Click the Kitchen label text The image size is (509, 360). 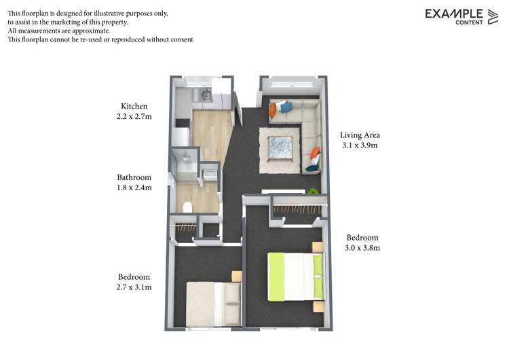click(134, 107)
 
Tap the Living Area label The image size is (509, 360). click(360, 134)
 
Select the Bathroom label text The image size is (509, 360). click(134, 177)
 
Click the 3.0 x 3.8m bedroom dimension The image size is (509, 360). click(362, 248)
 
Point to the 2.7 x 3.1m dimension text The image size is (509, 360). click(134, 287)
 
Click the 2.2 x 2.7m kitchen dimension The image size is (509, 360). click(134, 117)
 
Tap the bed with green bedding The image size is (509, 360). click(296, 275)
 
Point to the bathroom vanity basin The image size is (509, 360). click(211, 173)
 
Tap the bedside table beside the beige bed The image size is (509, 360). click(237, 276)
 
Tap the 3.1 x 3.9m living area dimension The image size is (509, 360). click(360, 145)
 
